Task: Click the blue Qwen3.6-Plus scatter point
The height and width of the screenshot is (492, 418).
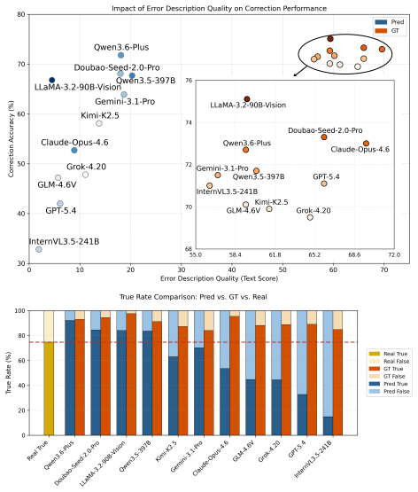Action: click(121, 55)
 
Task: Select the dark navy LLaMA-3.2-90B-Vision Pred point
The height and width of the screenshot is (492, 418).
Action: click(52, 80)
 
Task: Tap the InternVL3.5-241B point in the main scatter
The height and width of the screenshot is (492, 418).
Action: click(39, 249)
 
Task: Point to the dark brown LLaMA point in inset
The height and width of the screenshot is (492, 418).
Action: click(247, 99)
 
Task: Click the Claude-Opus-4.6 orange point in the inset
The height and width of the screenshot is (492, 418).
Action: click(366, 144)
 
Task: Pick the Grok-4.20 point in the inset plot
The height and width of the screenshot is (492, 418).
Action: click(310, 217)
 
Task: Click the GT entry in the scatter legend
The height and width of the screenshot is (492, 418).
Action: click(387, 31)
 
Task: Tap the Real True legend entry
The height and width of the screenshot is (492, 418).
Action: click(388, 354)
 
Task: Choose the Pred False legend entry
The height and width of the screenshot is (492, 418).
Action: click(389, 391)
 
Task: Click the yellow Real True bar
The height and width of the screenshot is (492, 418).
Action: click(49, 389)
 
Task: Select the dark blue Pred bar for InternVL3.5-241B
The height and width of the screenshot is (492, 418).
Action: click(328, 426)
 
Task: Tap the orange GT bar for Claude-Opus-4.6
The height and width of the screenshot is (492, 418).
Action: click(235, 376)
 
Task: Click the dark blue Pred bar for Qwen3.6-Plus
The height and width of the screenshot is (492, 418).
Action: click(70, 378)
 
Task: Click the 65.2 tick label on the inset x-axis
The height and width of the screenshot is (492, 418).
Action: click(314, 254)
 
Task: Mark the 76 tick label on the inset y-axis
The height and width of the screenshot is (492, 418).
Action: click(189, 81)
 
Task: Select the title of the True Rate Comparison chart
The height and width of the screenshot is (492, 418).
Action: click(193, 297)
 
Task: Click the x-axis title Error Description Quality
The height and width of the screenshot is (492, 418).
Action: click(219, 278)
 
